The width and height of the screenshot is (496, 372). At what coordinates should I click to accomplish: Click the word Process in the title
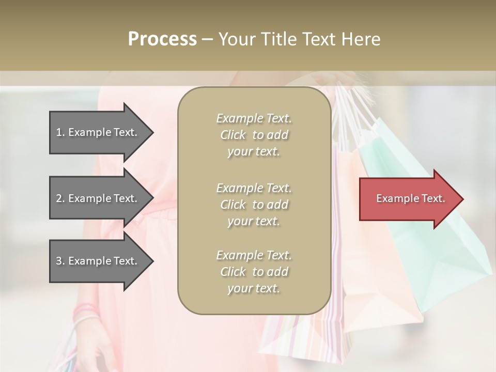click(x=162, y=39)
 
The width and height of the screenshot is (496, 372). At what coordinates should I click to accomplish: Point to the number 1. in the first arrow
click(x=60, y=132)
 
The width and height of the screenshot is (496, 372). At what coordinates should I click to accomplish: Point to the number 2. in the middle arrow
click(x=60, y=198)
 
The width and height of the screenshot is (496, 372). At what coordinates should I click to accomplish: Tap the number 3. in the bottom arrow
click(x=60, y=261)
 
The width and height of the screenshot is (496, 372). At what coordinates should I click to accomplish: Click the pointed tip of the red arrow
click(x=461, y=199)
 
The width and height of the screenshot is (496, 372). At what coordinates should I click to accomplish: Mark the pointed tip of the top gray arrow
click(x=152, y=132)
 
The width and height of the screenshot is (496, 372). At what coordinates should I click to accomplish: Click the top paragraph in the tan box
click(x=254, y=135)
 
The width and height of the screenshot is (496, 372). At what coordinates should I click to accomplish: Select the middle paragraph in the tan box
click(x=254, y=205)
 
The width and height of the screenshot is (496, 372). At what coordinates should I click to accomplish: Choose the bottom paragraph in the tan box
click(x=254, y=272)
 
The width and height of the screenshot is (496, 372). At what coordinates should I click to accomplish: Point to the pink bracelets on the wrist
click(x=85, y=312)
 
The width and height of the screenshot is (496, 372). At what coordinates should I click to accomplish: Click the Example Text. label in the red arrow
click(x=411, y=198)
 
